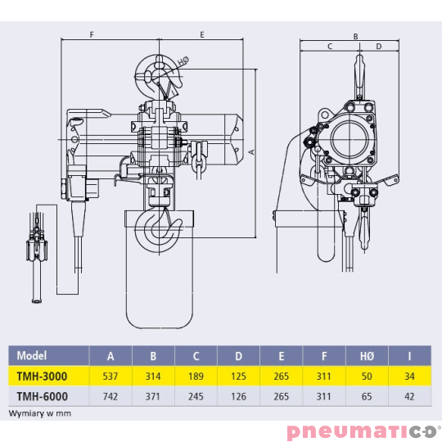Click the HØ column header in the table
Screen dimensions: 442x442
(x=367, y=355)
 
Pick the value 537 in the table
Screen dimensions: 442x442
(x=110, y=376)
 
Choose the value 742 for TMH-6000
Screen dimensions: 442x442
(x=110, y=395)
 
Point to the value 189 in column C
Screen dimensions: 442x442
(x=196, y=376)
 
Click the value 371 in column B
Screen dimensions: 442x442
(x=153, y=395)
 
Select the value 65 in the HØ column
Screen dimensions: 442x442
(x=367, y=395)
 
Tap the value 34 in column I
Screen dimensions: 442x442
(x=409, y=376)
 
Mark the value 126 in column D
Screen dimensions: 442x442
(x=239, y=395)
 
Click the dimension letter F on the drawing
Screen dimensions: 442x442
(x=92, y=35)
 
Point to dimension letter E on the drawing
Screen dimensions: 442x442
(x=201, y=35)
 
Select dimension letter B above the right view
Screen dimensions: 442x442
(x=355, y=36)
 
